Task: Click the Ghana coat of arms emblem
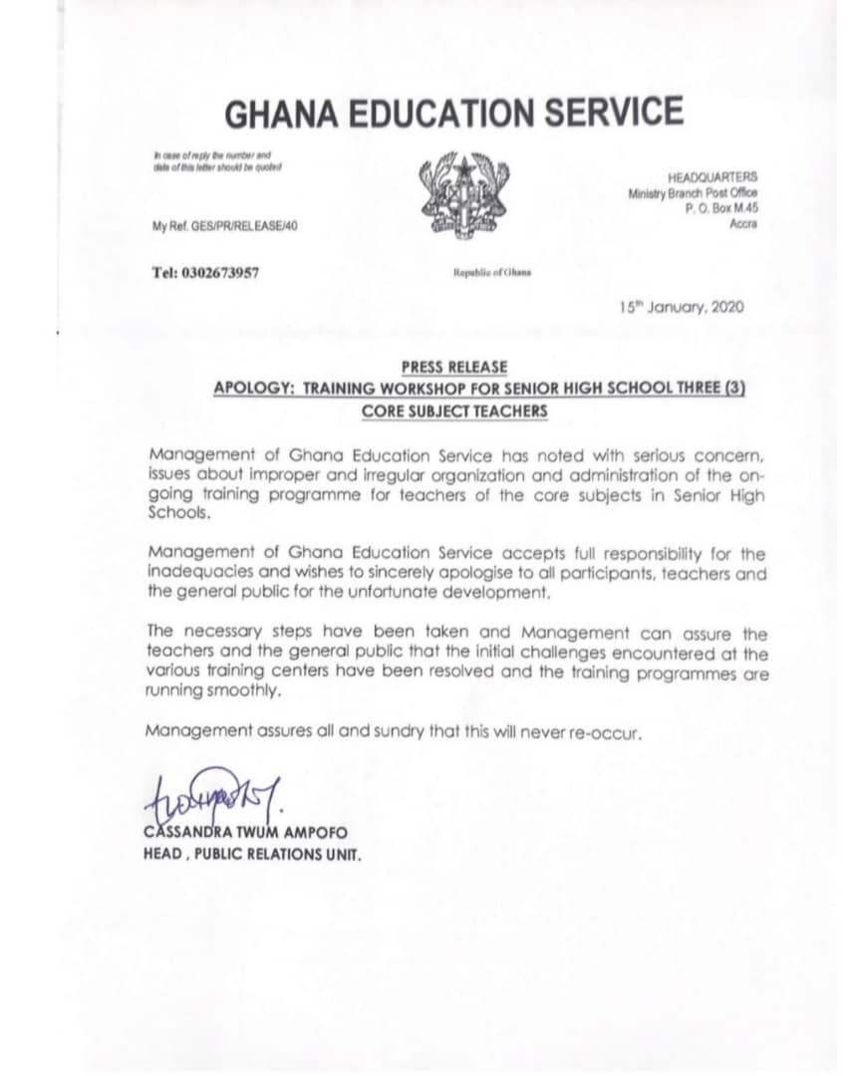(x=461, y=196)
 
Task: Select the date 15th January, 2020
(x=682, y=307)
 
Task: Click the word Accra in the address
(x=742, y=224)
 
